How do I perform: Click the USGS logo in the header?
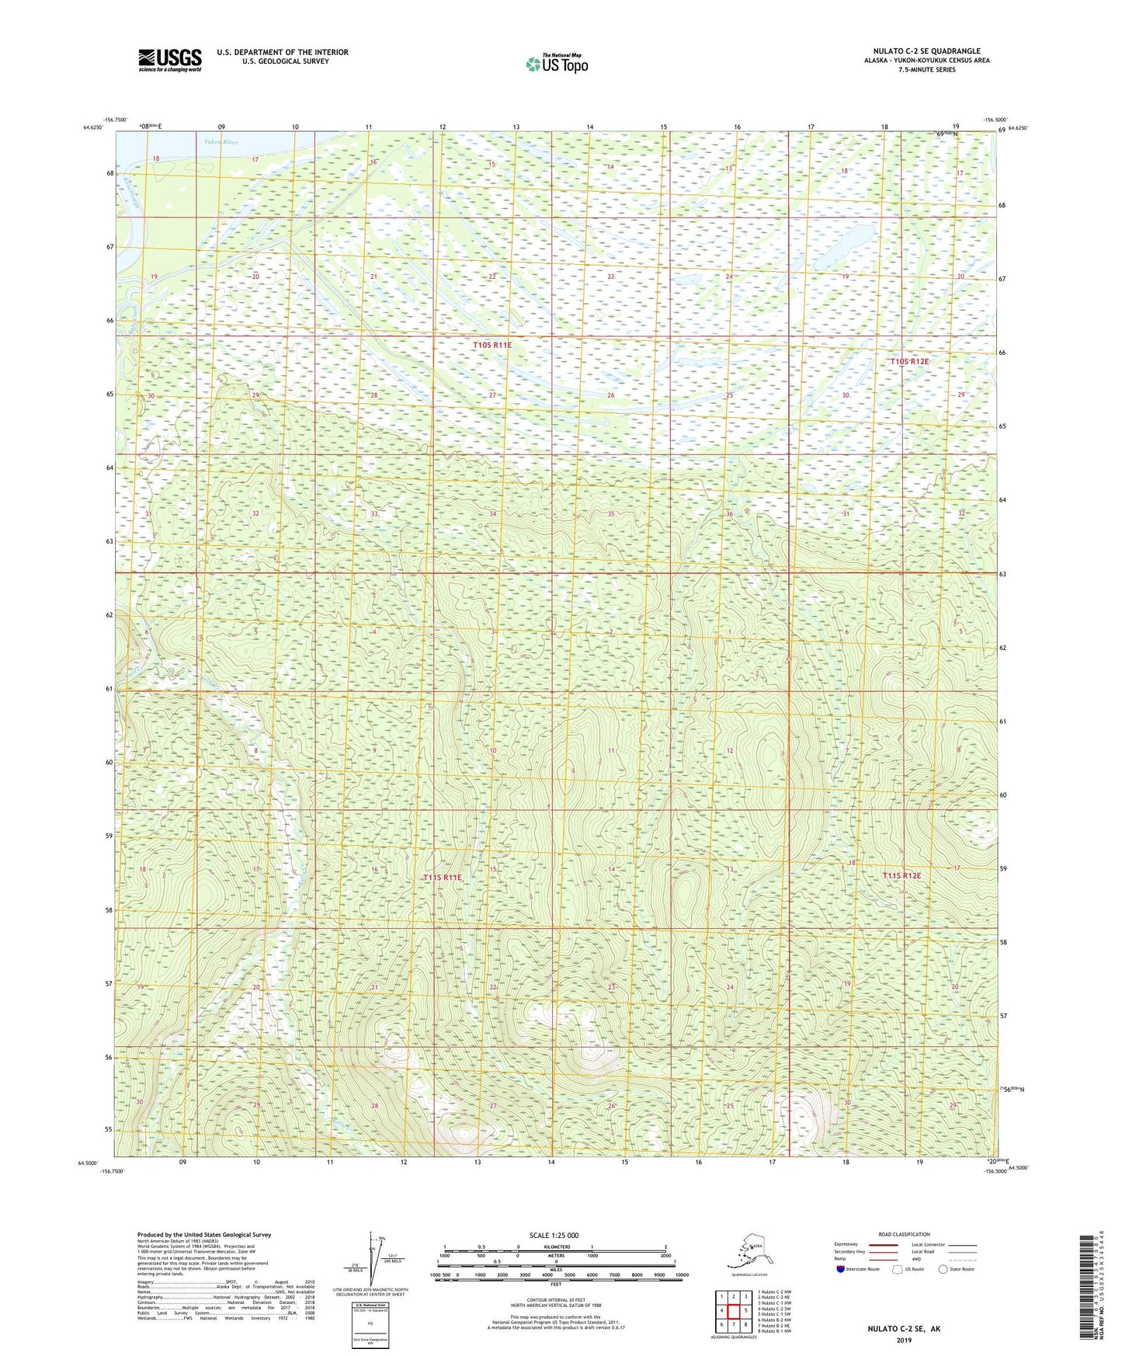(169, 60)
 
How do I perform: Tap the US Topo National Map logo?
(556, 63)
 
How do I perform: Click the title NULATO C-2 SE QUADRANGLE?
(926, 51)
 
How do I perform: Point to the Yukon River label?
(221, 143)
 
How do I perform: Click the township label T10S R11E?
(492, 345)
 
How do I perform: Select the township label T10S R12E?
(908, 362)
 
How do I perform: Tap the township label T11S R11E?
(443, 878)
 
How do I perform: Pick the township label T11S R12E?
(901, 876)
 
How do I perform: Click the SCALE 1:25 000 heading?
(554, 1236)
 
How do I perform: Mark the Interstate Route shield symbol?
(840, 1269)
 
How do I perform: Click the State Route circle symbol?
(943, 1269)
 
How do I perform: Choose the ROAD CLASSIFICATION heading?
(904, 1234)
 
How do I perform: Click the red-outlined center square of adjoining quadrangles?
(733, 1311)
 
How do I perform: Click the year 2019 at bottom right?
(903, 1340)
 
